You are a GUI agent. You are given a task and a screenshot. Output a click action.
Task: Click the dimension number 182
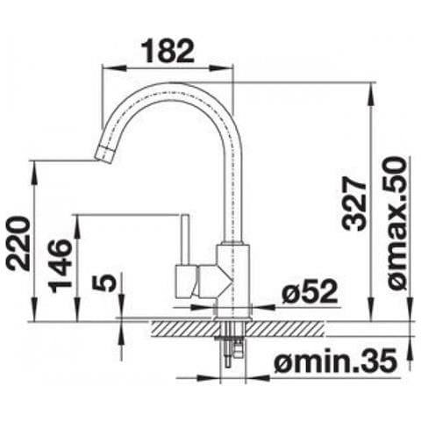[168, 51]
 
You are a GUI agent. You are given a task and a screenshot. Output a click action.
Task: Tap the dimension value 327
[354, 204]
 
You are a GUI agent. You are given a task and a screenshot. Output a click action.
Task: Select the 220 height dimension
[18, 244]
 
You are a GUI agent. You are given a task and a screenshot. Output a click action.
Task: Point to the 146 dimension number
[60, 266]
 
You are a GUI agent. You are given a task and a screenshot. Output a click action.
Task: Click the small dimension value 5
[104, 282]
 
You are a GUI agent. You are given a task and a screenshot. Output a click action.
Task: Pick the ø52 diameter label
[310, 291]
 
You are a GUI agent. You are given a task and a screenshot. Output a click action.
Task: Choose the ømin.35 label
[336, 360]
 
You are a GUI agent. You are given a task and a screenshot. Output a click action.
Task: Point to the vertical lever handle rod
[185, 239]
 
